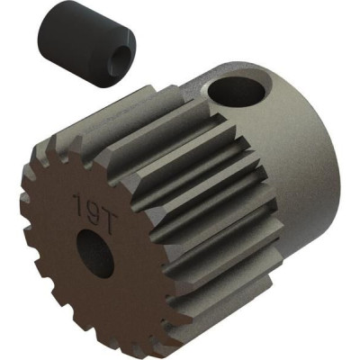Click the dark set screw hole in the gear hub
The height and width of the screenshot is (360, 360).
237,91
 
